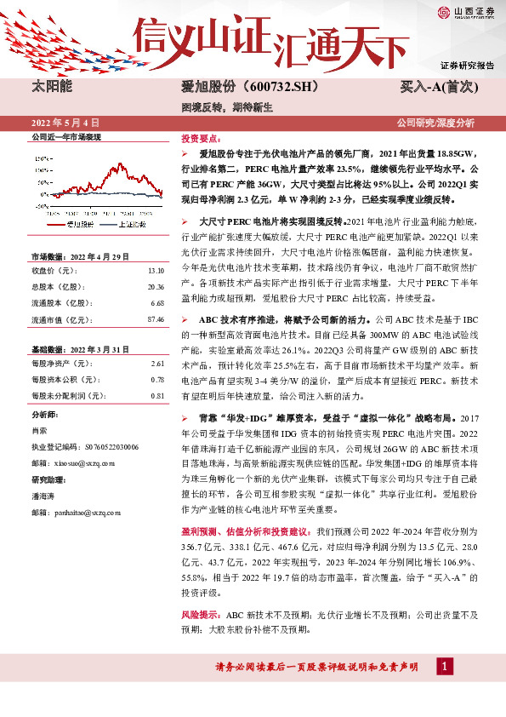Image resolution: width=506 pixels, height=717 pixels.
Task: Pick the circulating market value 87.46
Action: [x=155, y=319]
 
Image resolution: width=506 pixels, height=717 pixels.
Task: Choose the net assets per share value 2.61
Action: [x=156, y=364]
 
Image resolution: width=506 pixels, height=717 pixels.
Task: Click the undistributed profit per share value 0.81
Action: [x=156, y=396]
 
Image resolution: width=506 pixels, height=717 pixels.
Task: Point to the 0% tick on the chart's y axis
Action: [x=40, y=193]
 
